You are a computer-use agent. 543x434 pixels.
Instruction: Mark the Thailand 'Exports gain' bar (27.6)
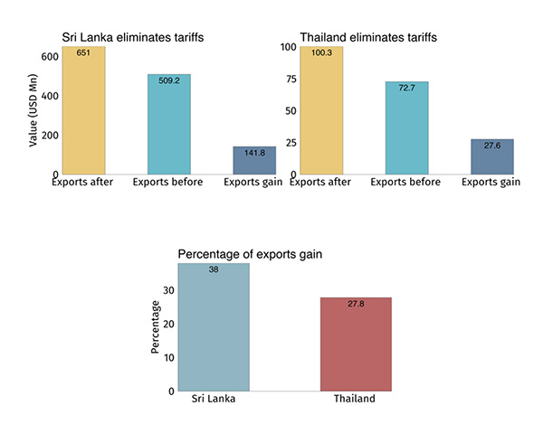(x=491, y=156)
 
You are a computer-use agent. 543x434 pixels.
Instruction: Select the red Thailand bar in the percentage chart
(x=356, y=344)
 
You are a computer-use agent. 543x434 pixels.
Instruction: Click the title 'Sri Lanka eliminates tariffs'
(x=132, y=37)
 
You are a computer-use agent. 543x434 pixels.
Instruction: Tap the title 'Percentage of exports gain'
(x=250, y=254)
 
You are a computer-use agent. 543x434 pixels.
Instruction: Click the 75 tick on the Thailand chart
(x=290, y=79)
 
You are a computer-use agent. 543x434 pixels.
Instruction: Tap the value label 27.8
(x=356, y=305)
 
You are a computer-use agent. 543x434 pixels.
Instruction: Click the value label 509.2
(x=169, y=80)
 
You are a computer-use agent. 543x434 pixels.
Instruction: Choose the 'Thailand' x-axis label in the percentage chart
(x=356, y=399)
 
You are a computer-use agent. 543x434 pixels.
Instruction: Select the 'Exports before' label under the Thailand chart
(x=406, y=182)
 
